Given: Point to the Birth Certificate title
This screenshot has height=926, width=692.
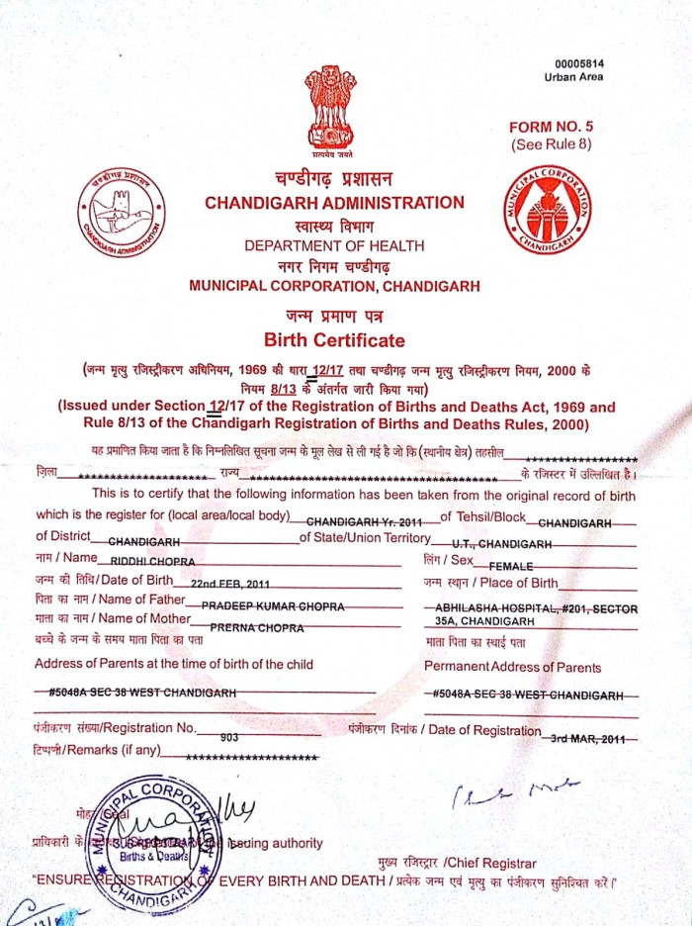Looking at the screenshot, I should [x=334, y=340].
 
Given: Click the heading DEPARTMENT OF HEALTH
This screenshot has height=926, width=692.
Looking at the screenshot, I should [x=334, y=245].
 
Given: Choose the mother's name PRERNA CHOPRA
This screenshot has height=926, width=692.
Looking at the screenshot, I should [x=255, y=626].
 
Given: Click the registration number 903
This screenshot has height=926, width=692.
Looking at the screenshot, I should [x=230, y=737].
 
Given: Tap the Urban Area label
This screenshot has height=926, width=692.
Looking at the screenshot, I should [x=574, y=77].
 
